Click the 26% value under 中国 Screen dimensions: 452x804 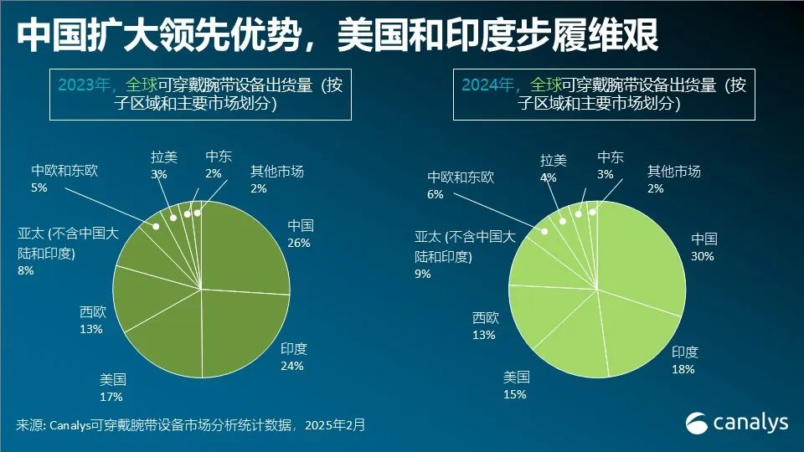click(x=299, y=243)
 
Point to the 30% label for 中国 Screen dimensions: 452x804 click(x=702, y=256)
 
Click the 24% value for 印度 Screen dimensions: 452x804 click(x=292, y=366)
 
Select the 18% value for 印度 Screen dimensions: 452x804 click(x=683, y=368)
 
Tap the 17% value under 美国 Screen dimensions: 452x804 click(x=111, y=397)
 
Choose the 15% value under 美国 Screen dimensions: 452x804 click(x=514, y=394)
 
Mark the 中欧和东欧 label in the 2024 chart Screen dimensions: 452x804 click(x=461, y=177)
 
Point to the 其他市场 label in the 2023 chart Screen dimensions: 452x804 click(x=276, y=172)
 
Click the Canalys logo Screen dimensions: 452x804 click(x=737, y=423)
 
